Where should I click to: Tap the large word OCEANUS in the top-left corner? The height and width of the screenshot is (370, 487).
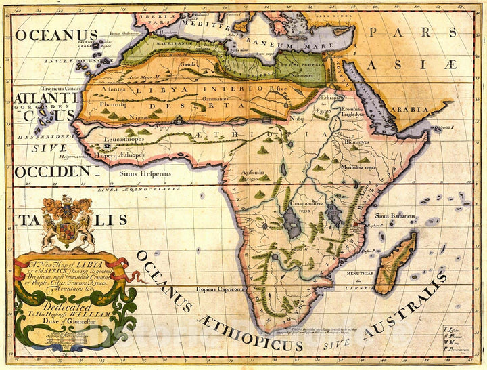(x=56, y=35)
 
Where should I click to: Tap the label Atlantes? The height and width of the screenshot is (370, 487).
(x=112, y=88)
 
